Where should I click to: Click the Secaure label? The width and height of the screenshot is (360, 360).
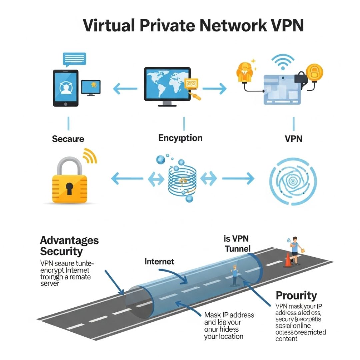tap(68, 139)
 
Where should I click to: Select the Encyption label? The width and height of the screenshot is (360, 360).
tap(180, 138)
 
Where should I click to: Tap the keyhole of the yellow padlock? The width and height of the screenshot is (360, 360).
tap(69, 189)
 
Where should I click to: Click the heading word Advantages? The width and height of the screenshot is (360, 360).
tap(69, 240)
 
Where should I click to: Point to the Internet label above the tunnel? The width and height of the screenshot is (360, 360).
tap(159, 261)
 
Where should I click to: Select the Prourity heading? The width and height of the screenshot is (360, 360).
tap(296, 295)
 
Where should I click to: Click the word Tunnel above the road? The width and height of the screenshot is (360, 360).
tap(237, 249)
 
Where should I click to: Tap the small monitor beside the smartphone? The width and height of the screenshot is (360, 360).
tap(91, 88)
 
